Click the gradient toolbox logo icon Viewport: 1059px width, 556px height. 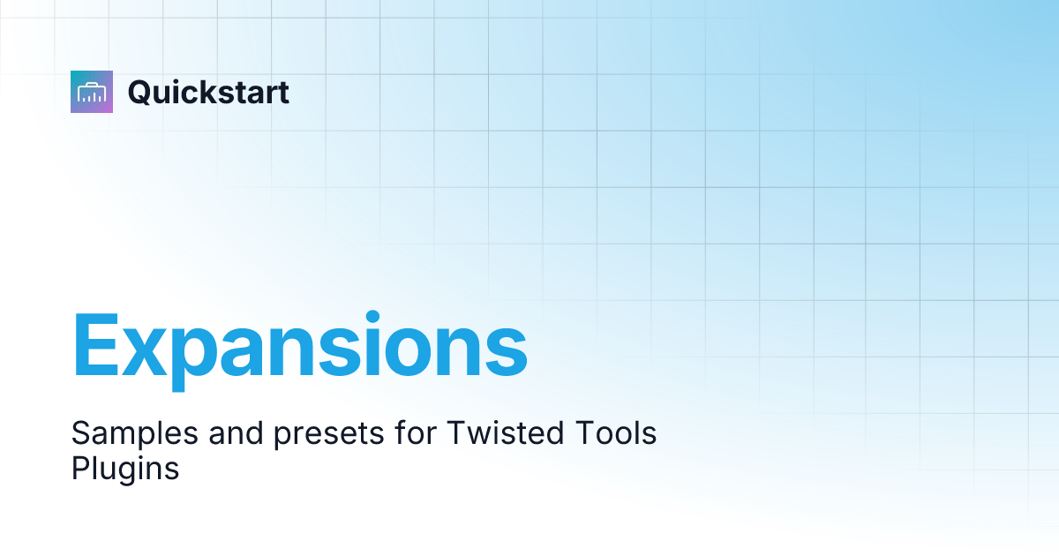pos(92,92)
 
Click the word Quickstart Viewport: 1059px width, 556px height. pos(208,92)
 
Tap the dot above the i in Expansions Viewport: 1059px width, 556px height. pos(374,315)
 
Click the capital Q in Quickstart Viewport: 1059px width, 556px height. pos(141,93)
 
